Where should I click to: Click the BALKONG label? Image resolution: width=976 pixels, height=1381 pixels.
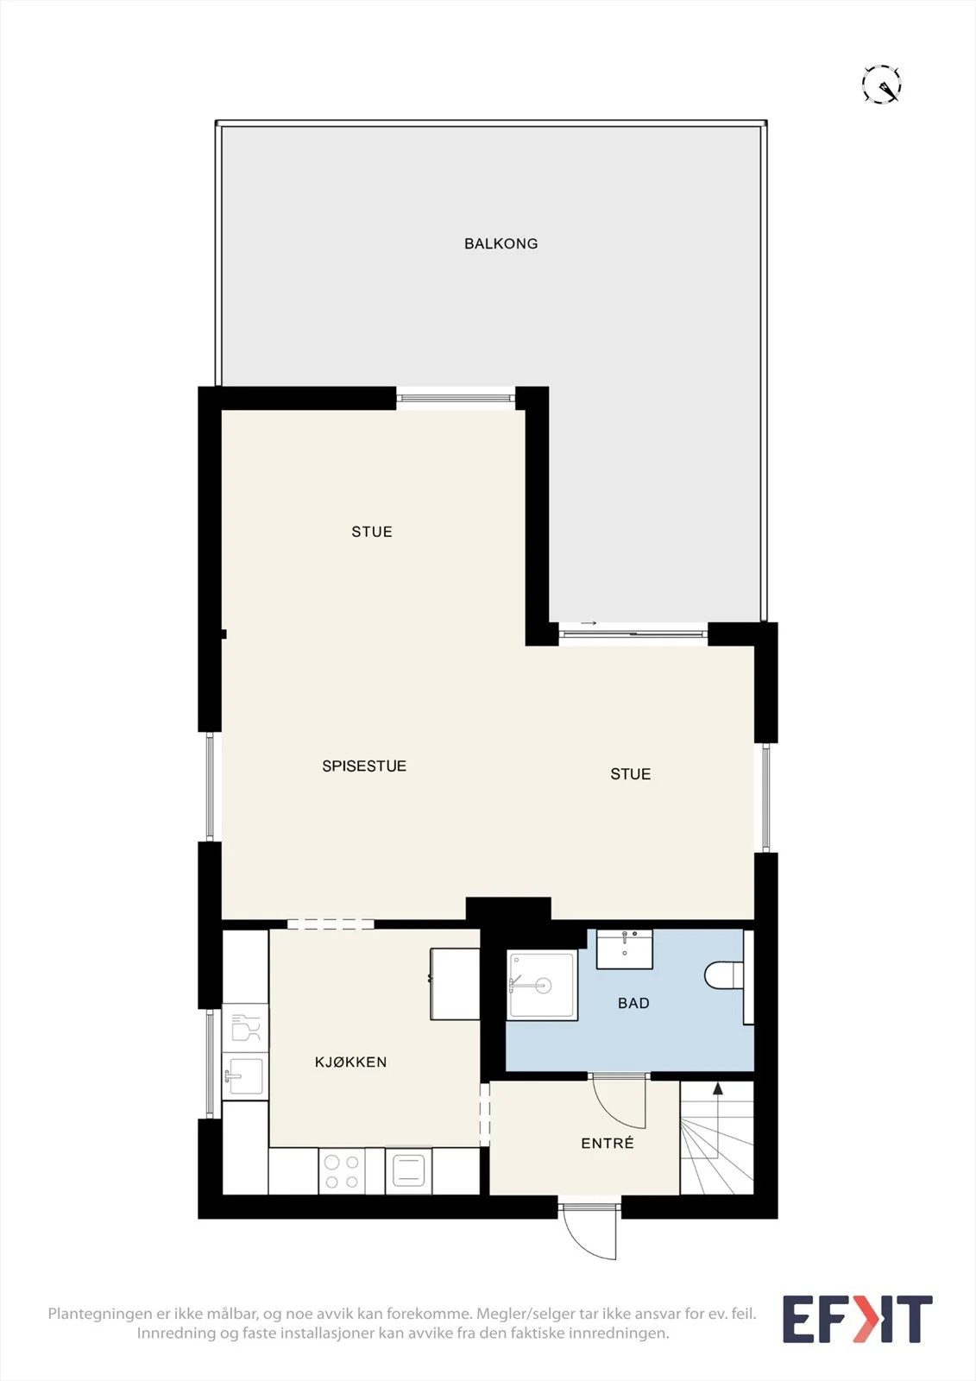(501, 243)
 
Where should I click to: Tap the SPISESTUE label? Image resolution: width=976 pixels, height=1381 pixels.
(364, 766)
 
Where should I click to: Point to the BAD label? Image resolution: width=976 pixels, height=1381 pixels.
(633, 1003)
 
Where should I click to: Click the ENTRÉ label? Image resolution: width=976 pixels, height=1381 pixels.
(608, 1143)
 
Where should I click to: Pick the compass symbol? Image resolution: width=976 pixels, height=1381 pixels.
(881, 83)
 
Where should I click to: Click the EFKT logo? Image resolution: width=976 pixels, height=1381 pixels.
(857, 1319)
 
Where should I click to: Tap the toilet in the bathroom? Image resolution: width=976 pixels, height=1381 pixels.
(724, 975)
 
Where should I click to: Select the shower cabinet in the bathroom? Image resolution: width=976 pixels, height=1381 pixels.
(542, 985)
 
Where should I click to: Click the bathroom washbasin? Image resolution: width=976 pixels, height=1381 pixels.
(625, 949)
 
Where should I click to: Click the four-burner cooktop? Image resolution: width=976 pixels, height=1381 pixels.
(342, 1172)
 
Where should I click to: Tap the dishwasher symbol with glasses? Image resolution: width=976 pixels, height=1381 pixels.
(245, 1028)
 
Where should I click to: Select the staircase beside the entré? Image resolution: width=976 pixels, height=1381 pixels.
(716, 1138)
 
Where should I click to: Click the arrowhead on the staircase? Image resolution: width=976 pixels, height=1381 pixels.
(717, 1089)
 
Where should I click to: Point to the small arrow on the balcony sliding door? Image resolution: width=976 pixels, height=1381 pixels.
(589, 623)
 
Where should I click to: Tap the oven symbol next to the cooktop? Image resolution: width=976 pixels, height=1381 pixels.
(408, 1172)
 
